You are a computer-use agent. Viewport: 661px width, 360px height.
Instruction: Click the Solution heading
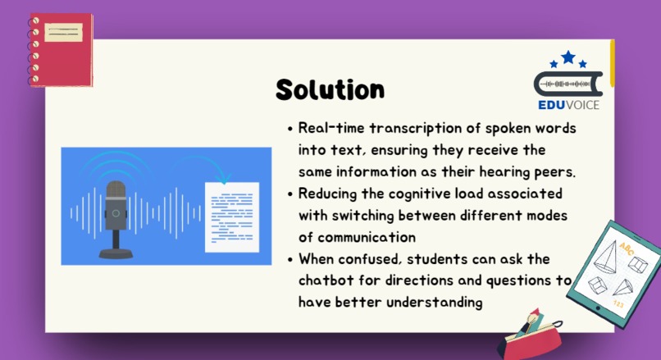(x=330, y=89)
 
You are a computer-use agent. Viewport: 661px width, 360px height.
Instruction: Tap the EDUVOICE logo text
(x=569, y=105)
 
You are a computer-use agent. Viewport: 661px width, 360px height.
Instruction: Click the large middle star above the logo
(x=568, y=57)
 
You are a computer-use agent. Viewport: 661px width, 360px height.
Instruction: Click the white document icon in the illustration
(x=231, y=217)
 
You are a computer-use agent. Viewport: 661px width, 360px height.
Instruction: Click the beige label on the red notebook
(x=63, y=32)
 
